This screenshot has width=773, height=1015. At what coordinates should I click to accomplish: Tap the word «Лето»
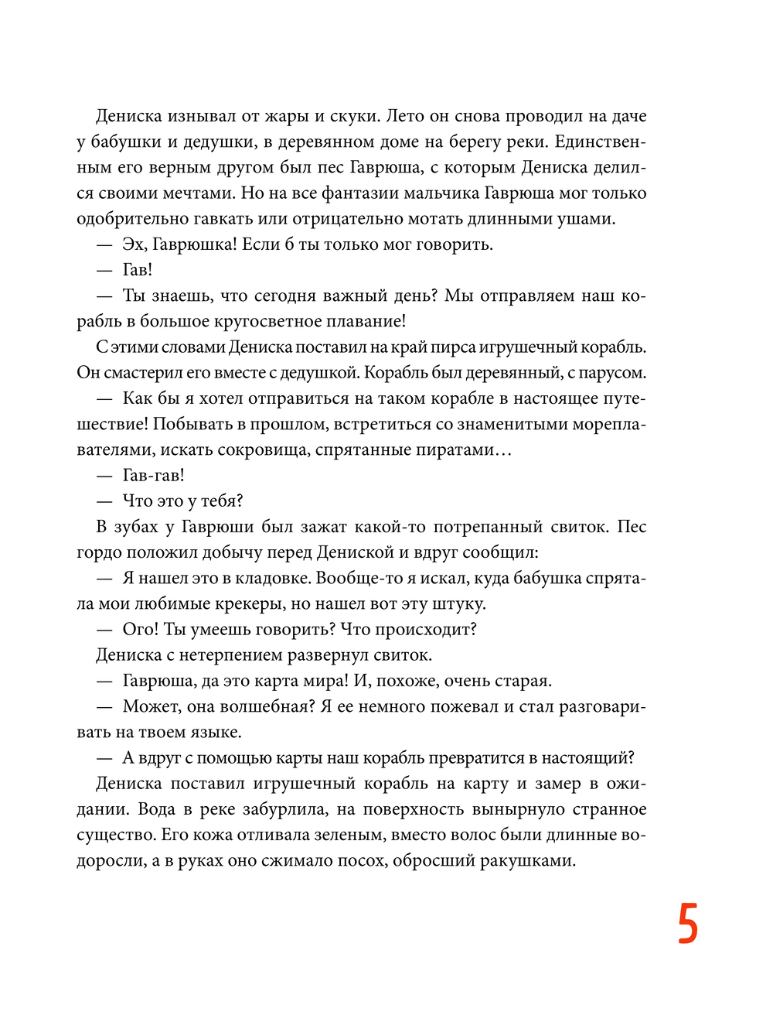[404, 117]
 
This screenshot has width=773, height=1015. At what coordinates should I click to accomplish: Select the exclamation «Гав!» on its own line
[138, 270]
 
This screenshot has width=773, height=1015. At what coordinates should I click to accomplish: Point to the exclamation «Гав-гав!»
[153, 475]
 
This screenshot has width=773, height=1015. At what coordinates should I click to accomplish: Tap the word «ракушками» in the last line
[527, 860]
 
